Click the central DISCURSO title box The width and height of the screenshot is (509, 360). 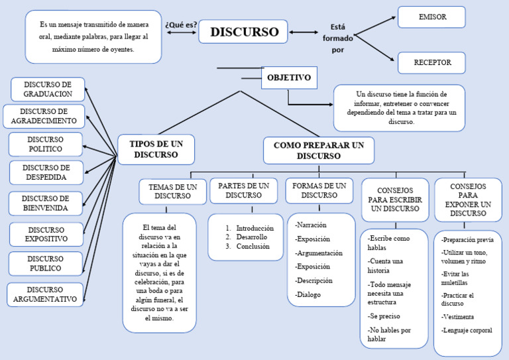[x=243, y=32]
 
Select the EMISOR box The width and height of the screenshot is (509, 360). [x=431, y=17]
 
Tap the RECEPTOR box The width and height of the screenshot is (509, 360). [x=431, y=63]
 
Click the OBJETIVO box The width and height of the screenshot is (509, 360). [x=288, y=78]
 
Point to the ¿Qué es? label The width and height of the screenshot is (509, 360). [x=181, y=25]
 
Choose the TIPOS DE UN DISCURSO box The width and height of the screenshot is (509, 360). [x=156, y=149]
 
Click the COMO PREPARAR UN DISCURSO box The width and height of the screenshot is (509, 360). [x=318, y=150]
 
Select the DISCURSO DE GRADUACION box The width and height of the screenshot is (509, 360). [x=48, y=90]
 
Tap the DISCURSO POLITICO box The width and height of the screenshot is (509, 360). [x=46, y=145]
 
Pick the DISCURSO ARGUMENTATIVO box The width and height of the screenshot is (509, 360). [x=45, y=295]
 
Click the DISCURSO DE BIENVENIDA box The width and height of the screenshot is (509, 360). [x=46, y=204]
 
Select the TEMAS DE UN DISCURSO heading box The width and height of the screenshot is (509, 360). [x=172, y=192]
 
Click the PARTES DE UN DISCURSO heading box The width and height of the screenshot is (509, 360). [x=243, y=190]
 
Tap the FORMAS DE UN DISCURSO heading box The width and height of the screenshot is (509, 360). [x=319, y=190]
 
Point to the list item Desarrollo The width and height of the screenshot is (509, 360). [x=251, y=237]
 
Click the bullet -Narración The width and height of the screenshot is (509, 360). [x=310, y=225]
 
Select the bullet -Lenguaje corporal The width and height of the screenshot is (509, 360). [x=467, y=330]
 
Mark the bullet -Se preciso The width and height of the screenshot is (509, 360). [x=384, y=316]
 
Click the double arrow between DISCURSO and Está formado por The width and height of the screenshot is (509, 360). [x=304, y=32]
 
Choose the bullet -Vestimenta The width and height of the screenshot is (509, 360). [x=457, y=317]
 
